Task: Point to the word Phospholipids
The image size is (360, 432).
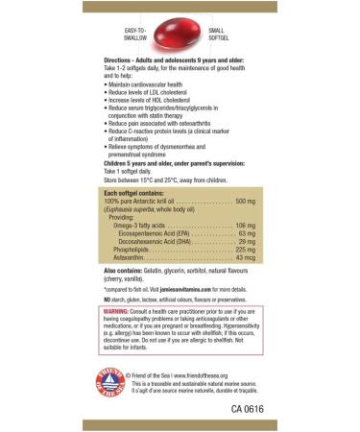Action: click(133, 250)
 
